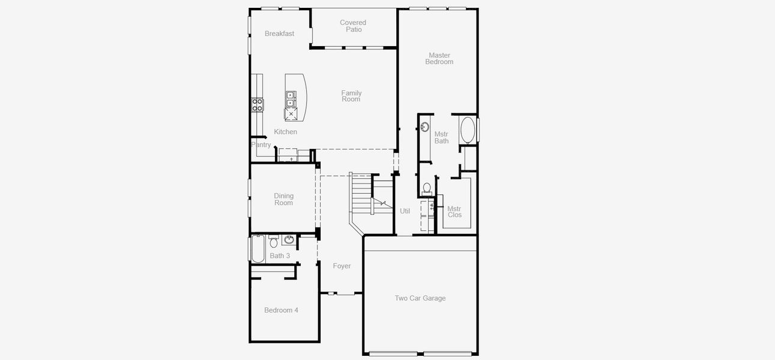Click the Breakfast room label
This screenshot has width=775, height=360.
(279, 34)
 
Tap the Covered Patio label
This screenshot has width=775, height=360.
(353, 26)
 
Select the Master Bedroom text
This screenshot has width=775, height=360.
(439, 59)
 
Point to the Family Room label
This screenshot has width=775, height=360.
(351, 96)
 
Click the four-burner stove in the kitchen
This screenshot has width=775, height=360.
(257, 105)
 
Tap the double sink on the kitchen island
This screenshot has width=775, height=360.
(291, 98)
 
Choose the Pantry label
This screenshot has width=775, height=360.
(261, 145)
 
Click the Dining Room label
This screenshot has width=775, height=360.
(283, 199)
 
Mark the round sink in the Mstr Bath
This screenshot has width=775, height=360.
(424, 127)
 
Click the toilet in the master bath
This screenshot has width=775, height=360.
(427, 188)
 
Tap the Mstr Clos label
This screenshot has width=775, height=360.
(454, 212)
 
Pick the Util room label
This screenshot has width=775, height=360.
(405, 211)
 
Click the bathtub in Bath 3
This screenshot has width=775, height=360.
(258, 249)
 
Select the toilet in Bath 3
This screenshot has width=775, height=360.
(274, 242)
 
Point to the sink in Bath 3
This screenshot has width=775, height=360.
(289, 241)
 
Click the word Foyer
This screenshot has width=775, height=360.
(342, 266)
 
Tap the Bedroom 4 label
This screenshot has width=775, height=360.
(281, 310)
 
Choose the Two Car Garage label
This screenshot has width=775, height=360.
(420, 298)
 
